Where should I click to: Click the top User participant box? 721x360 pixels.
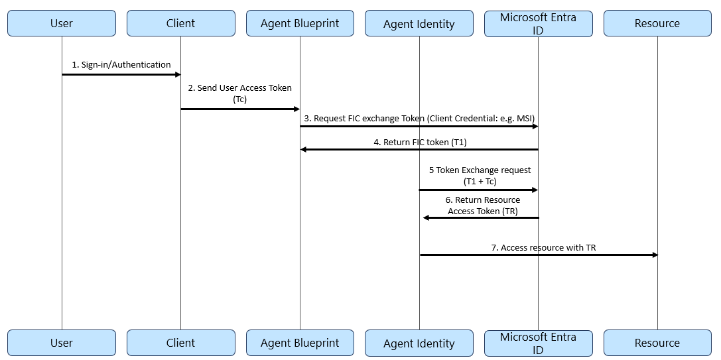62,23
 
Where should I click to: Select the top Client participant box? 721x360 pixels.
180,23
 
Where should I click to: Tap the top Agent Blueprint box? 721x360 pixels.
300,23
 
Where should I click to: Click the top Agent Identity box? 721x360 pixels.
419,23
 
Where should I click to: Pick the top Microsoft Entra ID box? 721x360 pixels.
538,23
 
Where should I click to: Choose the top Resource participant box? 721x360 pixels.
657,23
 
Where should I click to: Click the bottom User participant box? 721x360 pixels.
62,343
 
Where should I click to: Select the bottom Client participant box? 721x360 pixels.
180,343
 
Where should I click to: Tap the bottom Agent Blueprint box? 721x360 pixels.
300,343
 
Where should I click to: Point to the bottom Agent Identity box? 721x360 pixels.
419,343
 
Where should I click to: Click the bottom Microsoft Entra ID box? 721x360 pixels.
538,343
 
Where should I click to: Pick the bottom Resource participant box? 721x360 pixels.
657,343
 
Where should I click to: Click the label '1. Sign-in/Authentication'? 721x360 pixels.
121,65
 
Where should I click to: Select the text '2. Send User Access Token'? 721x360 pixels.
239,88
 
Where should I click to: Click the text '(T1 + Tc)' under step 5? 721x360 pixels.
480,181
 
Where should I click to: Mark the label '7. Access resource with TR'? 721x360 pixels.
543,247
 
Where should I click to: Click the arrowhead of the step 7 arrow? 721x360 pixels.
654,255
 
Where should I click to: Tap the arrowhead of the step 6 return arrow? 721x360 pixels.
426,217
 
